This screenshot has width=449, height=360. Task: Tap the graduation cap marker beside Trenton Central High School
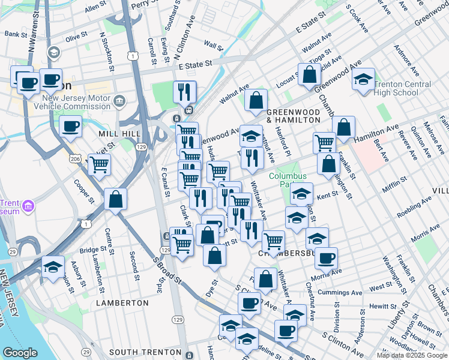pos(363,79)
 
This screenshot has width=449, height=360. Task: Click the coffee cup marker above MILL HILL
pos(71,127)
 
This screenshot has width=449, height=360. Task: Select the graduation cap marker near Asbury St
pos(53,267)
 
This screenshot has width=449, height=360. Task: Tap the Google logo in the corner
pos(20,353)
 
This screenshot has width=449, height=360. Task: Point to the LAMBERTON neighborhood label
pos(122,303)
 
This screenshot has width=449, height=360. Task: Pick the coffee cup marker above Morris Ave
pos(326,258)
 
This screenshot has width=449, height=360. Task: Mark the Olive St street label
pos(77,37)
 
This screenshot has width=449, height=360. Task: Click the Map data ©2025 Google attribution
pos(412,355)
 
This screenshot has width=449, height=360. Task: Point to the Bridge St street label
pos(92,250)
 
